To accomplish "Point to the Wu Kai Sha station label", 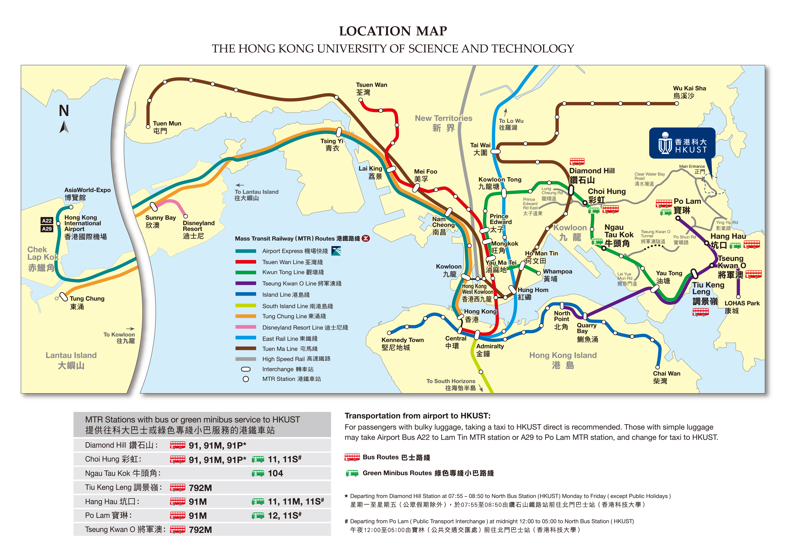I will pyautogui.click(x=689, y=92).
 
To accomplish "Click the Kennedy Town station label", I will pyautogui.click(x=402, y=343).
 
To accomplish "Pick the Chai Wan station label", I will pyautogui.click(x=666, y=377).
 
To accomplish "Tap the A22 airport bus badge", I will pyautogui.click(x=47, y=220).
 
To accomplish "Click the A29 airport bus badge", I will pyautogui.click(x=47, y=229).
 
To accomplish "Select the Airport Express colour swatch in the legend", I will pyautogui.click(x=245, y=251).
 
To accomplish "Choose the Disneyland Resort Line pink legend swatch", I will pyautogui.click(x=245, y=327).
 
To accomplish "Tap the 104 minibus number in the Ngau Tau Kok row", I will pyautogui.click(x=275, y=473).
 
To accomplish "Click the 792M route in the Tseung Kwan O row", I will pyautogui.click(x=200, y=530).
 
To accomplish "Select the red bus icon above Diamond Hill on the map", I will pyautogui.click(x=577, y=161).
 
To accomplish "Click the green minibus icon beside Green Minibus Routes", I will pyautogui.click(x=352, y=473).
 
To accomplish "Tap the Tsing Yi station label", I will pyautogui.click(x=332, y=144).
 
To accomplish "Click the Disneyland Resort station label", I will pyautogui.click(x=198, y=229).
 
